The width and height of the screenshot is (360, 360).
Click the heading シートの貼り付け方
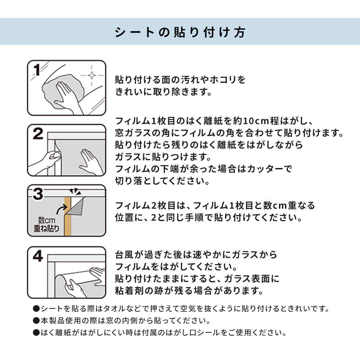click(180, 32)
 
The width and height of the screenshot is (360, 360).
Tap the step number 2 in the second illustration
click(38, 133)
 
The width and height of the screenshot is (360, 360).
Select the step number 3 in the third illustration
click(38, 194)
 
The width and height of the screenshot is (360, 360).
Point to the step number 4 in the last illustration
click(38, 256)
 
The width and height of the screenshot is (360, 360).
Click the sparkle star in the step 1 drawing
click(92, 76)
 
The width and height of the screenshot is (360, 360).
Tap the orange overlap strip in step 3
click(67, 216)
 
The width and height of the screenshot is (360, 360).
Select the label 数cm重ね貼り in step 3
click(46, 224)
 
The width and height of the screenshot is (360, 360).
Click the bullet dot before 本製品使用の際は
click(36, 321)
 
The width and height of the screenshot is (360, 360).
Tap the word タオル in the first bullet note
click(114, 308)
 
